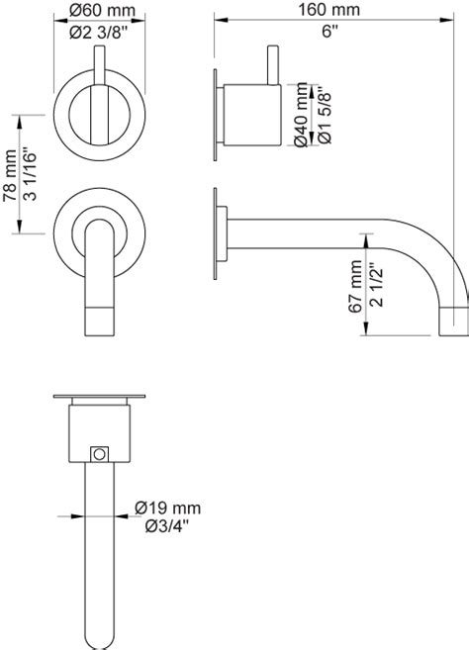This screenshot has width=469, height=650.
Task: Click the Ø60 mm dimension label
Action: coord(102,10)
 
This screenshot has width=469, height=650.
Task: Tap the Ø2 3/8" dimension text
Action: coord(98,33)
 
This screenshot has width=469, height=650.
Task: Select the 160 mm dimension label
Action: coord(329,10)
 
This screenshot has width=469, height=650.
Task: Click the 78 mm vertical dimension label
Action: coord(10,176)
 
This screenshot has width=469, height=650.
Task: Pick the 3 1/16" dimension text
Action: coord(30,173)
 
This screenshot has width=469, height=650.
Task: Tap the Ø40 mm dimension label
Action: coord(301,115)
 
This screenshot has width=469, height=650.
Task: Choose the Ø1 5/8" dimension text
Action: coord(325,115)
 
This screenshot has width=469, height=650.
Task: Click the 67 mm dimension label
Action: coord(355,286)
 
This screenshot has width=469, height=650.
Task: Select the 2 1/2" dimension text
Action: coord(377,285)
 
